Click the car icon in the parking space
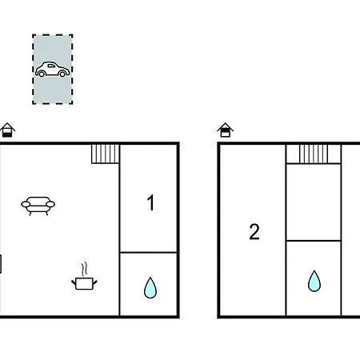click(53, 70)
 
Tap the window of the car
click(51, 66)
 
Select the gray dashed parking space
click(53, 70)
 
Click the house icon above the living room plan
click(7, 130)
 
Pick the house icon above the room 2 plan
click(225, 130)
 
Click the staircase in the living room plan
click(105, 154)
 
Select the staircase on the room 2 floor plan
click(314, 154)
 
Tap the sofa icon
click(38, 206)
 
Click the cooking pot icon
click(84, 283)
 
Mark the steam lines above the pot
click(84, 270)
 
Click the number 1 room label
click(151, 202)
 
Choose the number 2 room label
click(254, 232)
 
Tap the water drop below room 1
click(150, 287)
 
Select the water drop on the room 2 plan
click(314, 281)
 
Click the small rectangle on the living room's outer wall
click(1, 264)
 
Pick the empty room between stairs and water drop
click(314, 202)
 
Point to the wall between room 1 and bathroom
click(149, 252)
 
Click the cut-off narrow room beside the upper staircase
click(351, 230)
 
